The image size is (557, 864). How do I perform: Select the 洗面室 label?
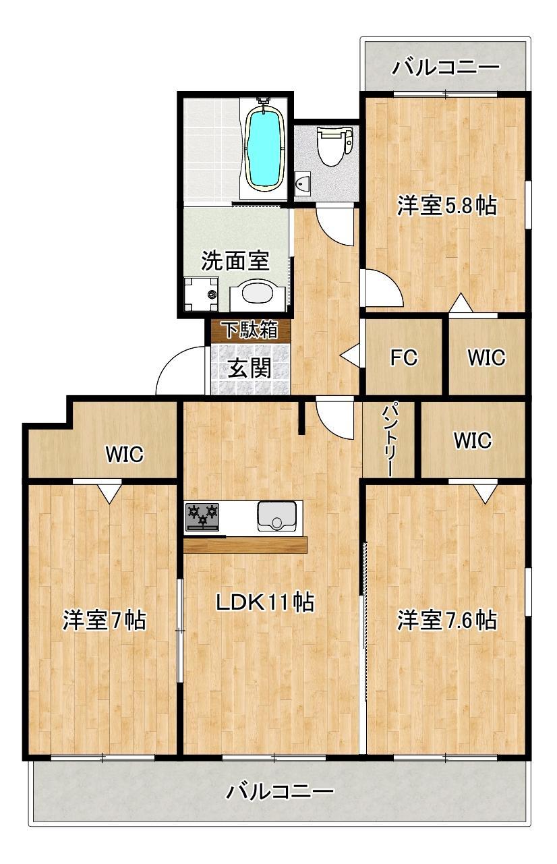[236, 260]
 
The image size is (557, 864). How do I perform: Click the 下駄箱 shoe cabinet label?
[250, 330]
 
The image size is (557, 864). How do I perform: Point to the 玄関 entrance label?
[249, 368]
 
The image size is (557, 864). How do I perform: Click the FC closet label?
[403, 357]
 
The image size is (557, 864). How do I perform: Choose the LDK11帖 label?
[264, 602]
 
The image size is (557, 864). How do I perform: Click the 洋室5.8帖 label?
[446, 205]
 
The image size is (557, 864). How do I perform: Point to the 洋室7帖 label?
[105, 619]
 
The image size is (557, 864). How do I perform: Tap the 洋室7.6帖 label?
[446, 619]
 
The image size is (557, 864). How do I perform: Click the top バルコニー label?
[446, 67]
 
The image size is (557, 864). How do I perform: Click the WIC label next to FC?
[487, 357]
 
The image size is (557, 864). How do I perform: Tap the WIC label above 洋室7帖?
[124, 455]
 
